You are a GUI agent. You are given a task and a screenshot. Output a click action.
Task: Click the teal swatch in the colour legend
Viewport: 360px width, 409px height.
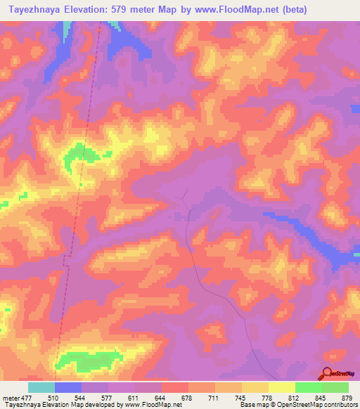point(41,387)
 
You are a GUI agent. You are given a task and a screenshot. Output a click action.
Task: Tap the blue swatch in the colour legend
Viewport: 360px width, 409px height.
point(68,387)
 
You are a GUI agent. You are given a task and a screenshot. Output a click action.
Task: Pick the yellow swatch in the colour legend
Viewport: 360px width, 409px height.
point(282,387)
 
